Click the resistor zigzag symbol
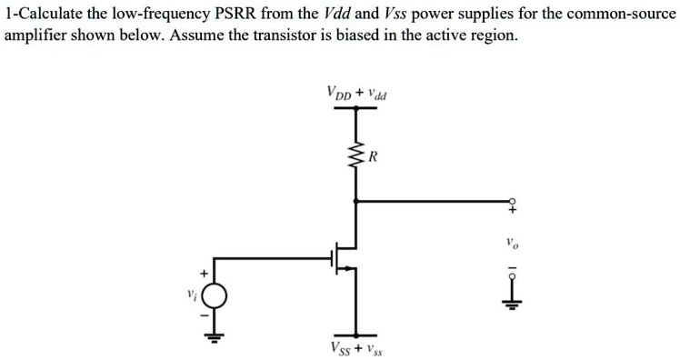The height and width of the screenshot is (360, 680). click(x=356, y=155)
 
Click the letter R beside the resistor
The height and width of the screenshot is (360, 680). click(x=373, y=156)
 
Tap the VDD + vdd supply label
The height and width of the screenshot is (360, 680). click(x=356, y=93)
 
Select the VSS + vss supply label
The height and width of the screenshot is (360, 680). click(x=356, y=348)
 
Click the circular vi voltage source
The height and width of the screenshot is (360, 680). click(x=214, y=295)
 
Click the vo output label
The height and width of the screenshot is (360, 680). click(x=512, y=245)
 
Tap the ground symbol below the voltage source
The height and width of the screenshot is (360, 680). click(x=214, y=338)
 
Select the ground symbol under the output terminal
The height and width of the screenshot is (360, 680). click(x=512, y=305)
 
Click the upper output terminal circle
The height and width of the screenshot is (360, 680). click(x=512, y=201)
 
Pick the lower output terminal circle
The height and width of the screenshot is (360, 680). click(x=512, y=276)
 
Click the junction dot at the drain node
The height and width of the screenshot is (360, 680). click(x=356, y=201)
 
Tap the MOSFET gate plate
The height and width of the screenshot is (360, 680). click(x=331, y=258)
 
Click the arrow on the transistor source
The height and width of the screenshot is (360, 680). click(x=345, y=269)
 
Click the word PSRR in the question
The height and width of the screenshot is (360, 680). click(x=236, y=14)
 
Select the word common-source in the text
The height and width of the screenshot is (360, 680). click(x=621, y=14)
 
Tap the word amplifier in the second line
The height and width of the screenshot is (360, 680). click(x=35, y=35)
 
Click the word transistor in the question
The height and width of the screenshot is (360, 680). click(x=284, y=35)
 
